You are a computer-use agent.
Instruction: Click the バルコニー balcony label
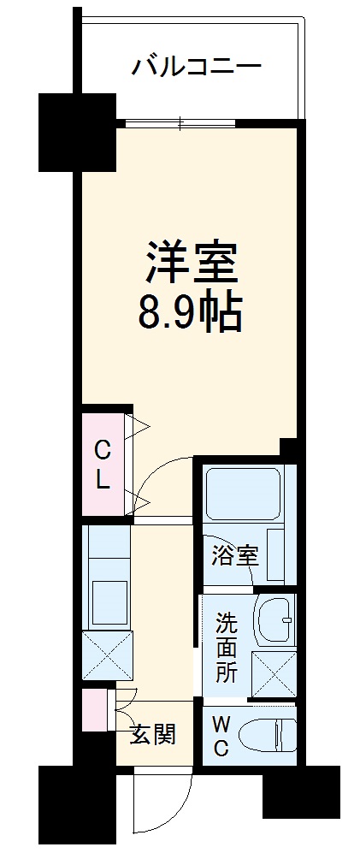tap(196, 67)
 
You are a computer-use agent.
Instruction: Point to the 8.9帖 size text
tap(191, 314)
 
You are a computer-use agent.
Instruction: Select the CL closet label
tap(103, 464)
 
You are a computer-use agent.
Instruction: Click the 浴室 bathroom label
tap(234, 555)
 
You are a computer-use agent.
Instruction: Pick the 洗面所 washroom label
tap(226, 646)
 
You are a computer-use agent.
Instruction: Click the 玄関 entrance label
tap(154, 733)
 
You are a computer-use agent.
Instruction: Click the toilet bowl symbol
tap(266, 734)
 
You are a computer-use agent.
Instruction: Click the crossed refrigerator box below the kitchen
tap(108, 656)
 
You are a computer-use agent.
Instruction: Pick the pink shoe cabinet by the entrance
tap(93, 708)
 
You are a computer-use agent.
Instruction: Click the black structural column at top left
tap(77, 132)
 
